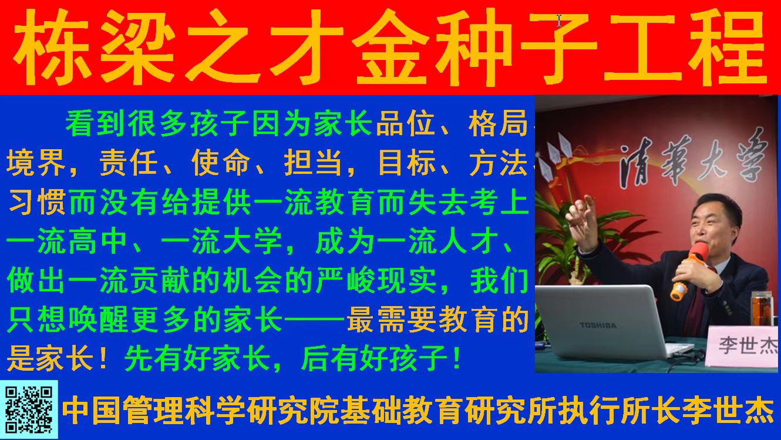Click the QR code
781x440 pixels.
click(x=29, y=409)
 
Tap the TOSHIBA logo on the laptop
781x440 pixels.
click(x=598, y=325)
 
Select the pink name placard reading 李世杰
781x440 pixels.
click(x=743, y=346)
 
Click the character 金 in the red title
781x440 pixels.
click(x=390, y=47)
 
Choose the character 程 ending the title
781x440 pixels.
click(x=728, y=47)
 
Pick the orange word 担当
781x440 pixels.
click(x=313, y=163)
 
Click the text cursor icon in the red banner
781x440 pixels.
click(x=559, y=21)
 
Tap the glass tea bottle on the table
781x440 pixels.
click(x=762, y=309)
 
